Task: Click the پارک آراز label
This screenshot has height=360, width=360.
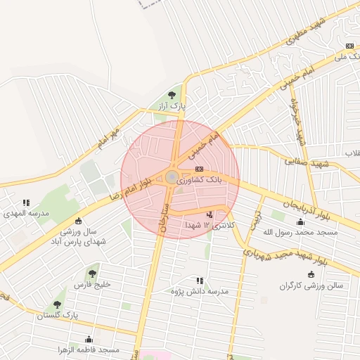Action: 171,105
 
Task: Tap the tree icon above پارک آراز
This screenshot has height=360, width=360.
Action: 172,95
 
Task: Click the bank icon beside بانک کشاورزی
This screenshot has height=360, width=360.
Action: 200,169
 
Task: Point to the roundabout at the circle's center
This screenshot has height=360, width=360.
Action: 172,177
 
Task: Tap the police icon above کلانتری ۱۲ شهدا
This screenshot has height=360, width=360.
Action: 209,214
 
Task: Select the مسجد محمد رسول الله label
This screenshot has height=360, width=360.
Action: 300,231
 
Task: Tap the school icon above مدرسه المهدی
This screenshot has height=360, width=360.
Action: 26,202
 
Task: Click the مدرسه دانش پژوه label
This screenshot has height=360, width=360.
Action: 200,290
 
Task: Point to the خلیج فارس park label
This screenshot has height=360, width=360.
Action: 92,285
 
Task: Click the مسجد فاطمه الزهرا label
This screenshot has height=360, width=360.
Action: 89,349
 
